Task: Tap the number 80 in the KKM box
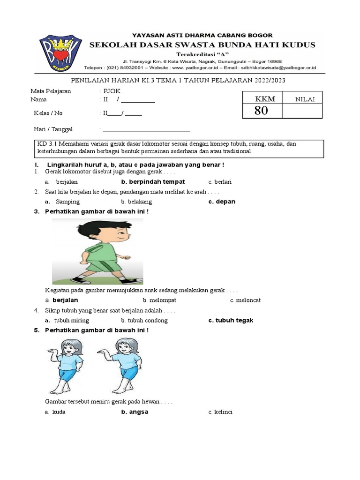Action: (262, 111)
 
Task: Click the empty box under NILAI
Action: (302, 111)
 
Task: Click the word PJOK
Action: (112, 91)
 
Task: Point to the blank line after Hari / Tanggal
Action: (146, 130)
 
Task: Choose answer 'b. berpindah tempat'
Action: (153, 181)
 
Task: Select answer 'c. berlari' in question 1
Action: (220, 181)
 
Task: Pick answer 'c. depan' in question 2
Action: (222, 202)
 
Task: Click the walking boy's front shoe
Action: (133, 280)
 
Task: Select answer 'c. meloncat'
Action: (245, 300)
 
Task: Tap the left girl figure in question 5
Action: (67, 366)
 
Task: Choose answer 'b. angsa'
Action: (135, 412)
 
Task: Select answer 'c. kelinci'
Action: (220, 412)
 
